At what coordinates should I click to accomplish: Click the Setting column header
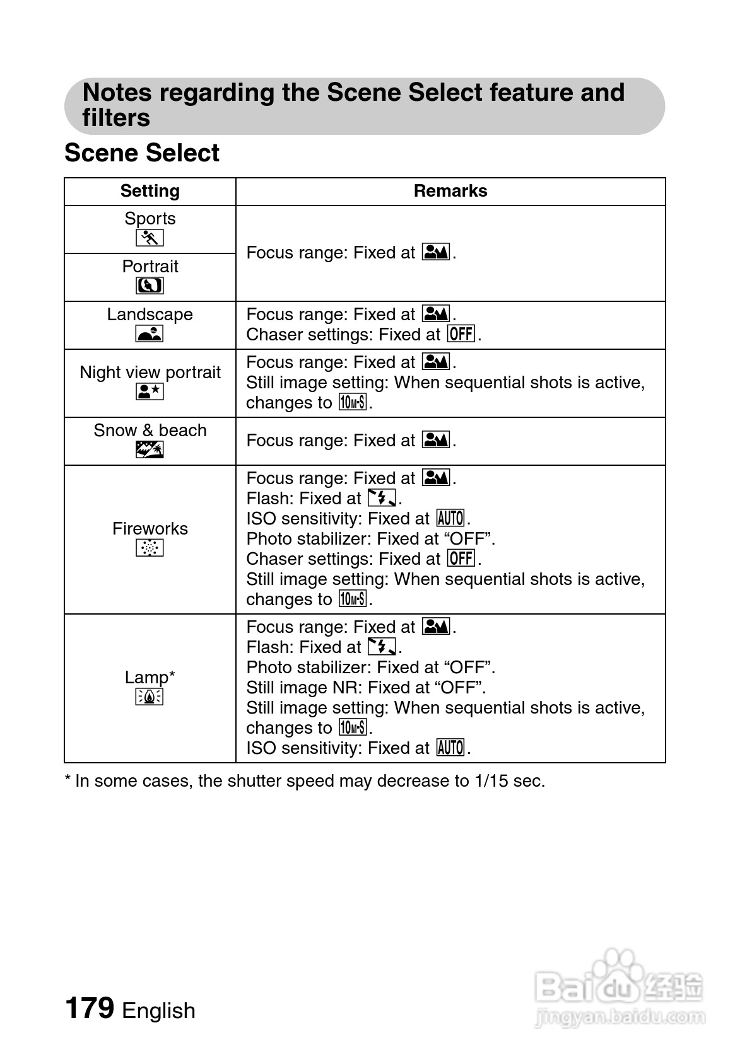click(x=150, y=191)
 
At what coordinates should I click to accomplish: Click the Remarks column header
click(x=450, y=191)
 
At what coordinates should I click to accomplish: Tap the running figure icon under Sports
click(x=150, y=238)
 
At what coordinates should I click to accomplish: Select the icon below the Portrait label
click(x=150, y=286)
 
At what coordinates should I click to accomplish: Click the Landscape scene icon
click(x=150, y=333)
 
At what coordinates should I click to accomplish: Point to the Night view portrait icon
click(x=150, y=391)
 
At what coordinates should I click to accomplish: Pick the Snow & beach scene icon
click(x=150, y=449)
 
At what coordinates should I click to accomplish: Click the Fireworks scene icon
click(x=150, y=548)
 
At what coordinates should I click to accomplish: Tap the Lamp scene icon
click(x=150, y=697)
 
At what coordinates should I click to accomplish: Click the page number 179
click(x=90, y=1008)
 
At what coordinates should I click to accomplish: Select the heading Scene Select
click(x=142, y=153)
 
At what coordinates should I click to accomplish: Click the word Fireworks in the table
click(x=150, y=528)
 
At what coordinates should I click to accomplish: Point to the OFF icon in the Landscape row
click(x=461, y=333)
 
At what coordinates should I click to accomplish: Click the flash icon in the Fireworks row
click(x=382, y=499)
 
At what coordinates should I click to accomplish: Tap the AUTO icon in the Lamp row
click(x=450, y=748)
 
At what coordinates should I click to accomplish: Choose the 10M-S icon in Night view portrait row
click(x=352, y=402)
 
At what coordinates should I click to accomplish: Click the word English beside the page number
click(x=158, y=1010)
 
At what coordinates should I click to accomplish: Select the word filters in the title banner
click(x=116, y=118)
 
